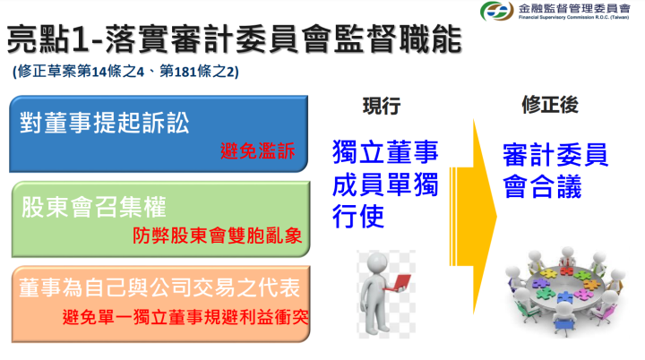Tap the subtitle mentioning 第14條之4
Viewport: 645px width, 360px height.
[125, 72]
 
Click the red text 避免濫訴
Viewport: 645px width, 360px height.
[257, 150]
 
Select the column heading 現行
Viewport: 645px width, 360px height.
[381, 105]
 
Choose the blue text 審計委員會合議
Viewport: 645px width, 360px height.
[555, 171]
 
